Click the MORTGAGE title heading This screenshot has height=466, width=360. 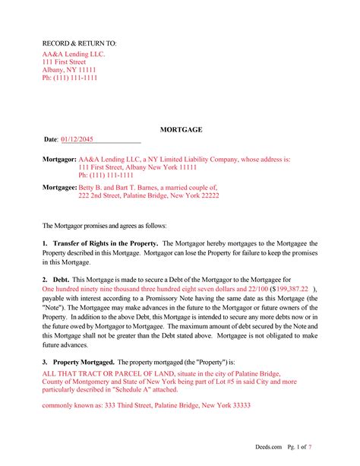coord(180,131)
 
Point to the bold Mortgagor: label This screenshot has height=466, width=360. coord(59,160)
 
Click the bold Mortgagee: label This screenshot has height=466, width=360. coord(59,186)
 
